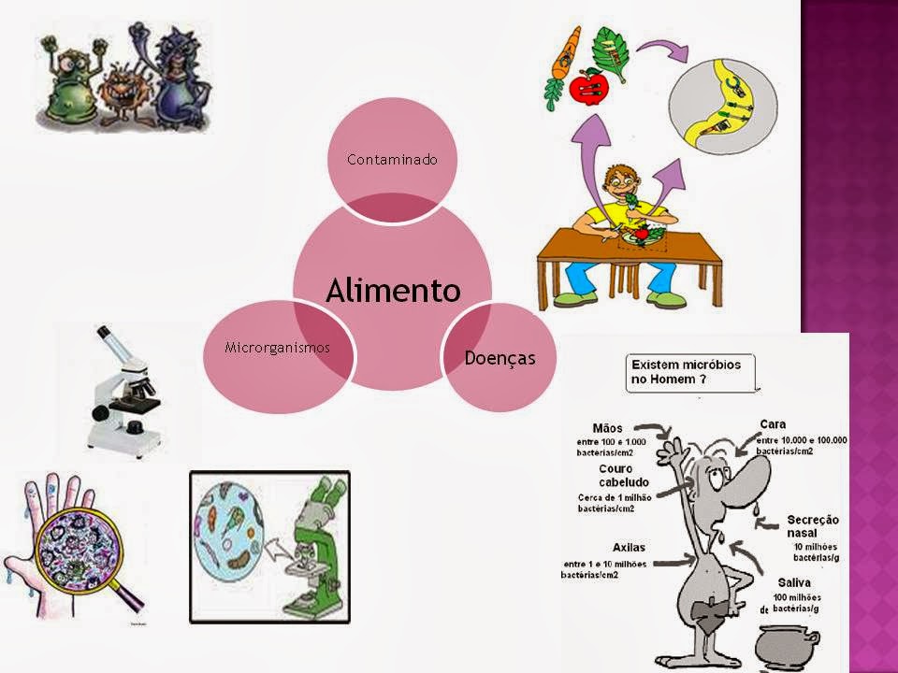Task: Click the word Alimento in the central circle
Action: tap(393, 290)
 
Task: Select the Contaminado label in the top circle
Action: tap(392, 160)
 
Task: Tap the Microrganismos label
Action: tap(278, 348)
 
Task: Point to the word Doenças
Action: tap(500, 356)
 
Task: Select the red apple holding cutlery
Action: tap(589, 89)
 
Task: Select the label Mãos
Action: tap(609, 428)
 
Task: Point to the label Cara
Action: tap(773, 424)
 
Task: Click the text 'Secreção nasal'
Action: tap(813, 525)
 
